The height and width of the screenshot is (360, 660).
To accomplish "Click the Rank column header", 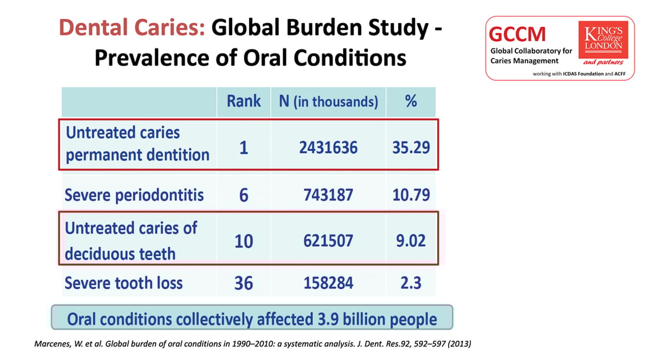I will click(244, 101).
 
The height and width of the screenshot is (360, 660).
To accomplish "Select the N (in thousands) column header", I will click(328, 102).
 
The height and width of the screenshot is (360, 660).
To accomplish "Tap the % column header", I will click(411, 101).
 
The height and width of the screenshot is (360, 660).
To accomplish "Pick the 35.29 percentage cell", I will click(411, 147).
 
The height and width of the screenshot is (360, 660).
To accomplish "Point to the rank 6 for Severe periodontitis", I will click(243, 195).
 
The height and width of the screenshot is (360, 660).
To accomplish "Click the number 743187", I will click(328, 195).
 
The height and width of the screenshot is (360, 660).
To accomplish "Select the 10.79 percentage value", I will click(411, 195).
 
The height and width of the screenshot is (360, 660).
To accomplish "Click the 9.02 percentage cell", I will click(411, 240).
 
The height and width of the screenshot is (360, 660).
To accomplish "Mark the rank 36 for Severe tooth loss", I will click(243, 283).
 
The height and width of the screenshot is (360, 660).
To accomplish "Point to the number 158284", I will click(328, 283).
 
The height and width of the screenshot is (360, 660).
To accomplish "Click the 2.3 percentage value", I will click(411, 283).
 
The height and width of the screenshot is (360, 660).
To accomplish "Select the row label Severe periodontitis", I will click(134, 195).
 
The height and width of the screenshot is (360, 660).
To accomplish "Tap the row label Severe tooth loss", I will click(124, 283).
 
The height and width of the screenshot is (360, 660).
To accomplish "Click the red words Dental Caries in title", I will click(132, 27).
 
